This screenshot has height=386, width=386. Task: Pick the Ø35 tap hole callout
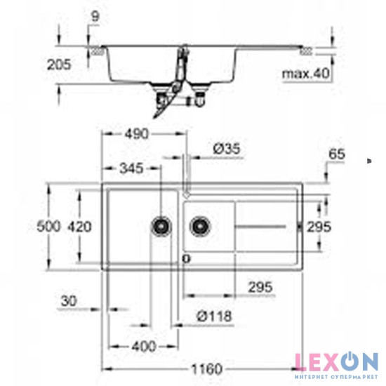click(x=225, y=149)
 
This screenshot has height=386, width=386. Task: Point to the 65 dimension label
click(x=338, y=154)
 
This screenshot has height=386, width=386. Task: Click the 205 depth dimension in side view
click(x=62, y=65)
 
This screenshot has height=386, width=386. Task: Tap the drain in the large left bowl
click(x=161, y=226)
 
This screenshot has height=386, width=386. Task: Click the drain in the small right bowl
click(x=199, y=226)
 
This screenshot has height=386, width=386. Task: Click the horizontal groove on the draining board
click(x=260, y=226)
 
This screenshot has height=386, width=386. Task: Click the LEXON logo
click(x=335, y=362)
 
